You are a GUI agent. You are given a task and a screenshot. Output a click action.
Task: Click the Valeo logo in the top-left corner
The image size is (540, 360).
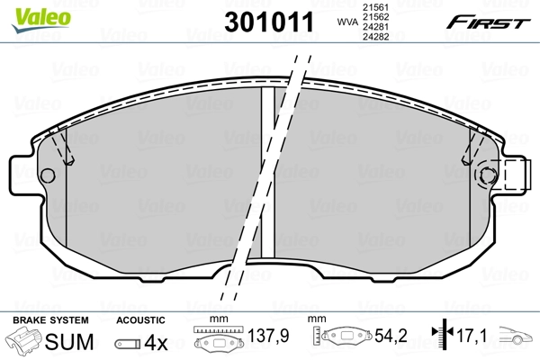coord(28,11)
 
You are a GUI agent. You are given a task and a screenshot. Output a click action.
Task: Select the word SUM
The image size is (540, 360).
coord(75,342)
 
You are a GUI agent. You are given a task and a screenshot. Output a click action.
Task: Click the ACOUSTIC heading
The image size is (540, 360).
coord(140,320)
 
